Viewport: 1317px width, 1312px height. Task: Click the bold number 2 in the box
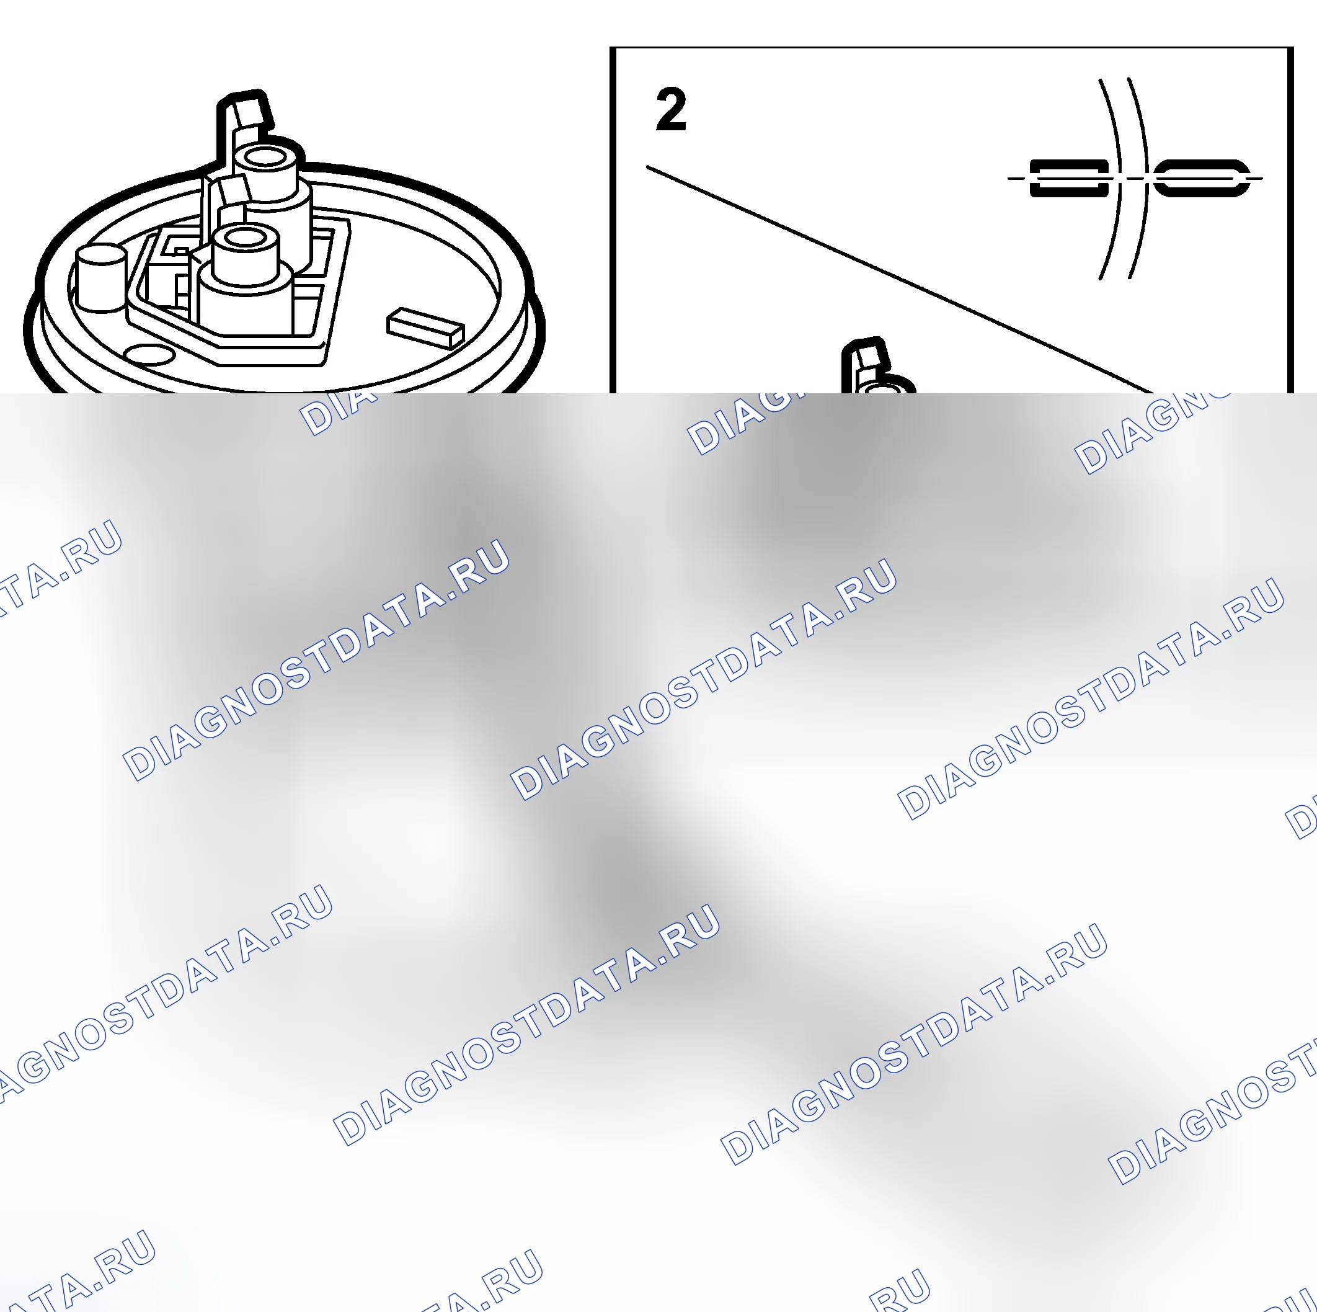coord(671,109)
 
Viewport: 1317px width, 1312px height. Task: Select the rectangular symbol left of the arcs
coord(1068,178)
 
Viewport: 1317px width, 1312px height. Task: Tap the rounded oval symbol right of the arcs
coord(1202,178)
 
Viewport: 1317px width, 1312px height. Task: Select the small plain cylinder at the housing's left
coord(101,279)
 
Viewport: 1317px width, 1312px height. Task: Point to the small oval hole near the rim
coord(149,355)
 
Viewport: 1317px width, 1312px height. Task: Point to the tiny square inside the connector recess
coord(180,251)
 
